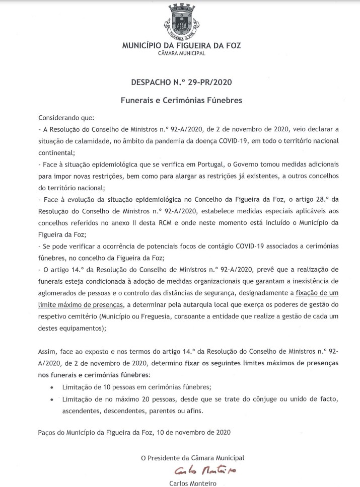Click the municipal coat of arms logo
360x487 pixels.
coord(181,23)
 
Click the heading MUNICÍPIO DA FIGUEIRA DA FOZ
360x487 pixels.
coord(181,45)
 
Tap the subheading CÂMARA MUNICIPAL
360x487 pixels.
coord(181,53)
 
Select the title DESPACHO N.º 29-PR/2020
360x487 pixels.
coord(181,82)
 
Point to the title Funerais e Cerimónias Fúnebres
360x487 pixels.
coord(181,100)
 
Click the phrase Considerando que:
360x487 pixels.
coord(66,118)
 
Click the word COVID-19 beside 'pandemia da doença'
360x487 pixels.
coord(233,140)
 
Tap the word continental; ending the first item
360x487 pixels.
coord(56,151)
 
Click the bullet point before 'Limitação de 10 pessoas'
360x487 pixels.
coord(52,387)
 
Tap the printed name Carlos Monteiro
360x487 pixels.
coord(193,483)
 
